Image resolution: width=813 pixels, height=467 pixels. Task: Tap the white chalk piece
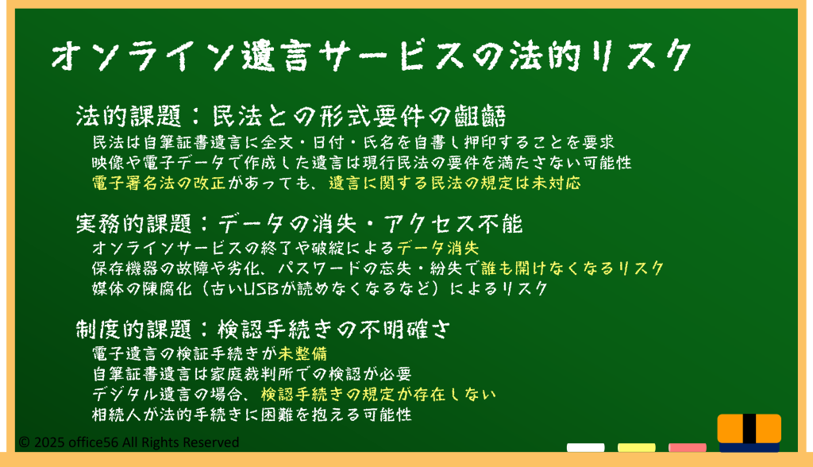(x=585, y=447)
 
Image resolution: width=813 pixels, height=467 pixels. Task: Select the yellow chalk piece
(x=636, y=447)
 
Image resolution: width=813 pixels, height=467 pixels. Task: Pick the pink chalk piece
(x=687, y=447)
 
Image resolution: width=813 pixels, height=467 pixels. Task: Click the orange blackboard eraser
(x=749, y=433)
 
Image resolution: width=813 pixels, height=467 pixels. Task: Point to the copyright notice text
(x=129, y=442)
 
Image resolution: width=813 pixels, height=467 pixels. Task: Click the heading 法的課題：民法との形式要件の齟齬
(x=291, y=116)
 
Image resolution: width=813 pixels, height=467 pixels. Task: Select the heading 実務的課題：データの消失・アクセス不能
(x=299, y=224)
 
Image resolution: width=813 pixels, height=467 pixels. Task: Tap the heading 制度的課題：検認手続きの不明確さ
(x=264, y=329)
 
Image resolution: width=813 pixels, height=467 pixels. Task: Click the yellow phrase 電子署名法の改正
(x=159, y=183)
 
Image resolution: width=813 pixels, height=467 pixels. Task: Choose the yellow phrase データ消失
(x=438, y=248)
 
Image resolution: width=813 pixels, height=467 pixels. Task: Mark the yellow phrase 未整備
(x=302, y=354)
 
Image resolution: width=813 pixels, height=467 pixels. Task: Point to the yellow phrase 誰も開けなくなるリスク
(x=572, y=268)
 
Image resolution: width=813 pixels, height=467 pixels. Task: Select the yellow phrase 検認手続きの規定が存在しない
(x=379, y=395)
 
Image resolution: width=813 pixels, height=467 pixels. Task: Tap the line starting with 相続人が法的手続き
(x=252, y=415)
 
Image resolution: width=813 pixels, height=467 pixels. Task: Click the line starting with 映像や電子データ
(x=362, y=163)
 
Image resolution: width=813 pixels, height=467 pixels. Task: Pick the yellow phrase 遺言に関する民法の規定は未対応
(x=455, y=183)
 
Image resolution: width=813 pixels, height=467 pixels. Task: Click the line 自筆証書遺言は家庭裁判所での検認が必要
(x=252, y=374)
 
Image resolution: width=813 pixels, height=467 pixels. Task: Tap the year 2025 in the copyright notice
(x=48, y=442)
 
